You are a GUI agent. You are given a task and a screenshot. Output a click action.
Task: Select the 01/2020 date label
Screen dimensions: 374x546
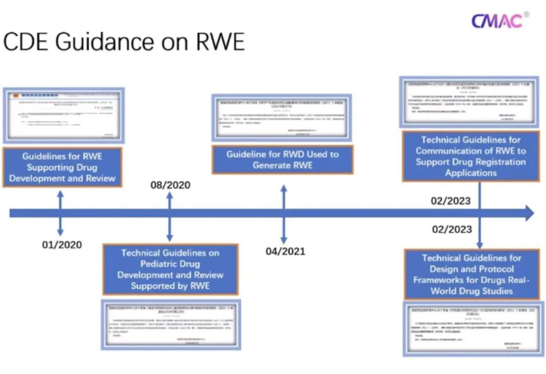coord(62,245)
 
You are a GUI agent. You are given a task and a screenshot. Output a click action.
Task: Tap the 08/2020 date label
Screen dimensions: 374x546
coord(170,185)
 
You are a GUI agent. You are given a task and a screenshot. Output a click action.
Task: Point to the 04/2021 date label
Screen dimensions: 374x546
coord(285,251)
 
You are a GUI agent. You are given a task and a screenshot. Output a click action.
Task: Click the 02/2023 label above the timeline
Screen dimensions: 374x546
coord(450,201)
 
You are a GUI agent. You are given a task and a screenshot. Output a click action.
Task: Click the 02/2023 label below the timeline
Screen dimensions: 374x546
coord(451,229)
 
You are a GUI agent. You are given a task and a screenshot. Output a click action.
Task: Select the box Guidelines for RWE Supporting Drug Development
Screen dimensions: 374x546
coord(62,167)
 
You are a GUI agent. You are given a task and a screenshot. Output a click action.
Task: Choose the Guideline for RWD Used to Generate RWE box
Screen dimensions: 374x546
coord(282,160)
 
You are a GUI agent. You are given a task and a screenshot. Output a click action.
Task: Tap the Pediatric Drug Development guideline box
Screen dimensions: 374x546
coord(170,269)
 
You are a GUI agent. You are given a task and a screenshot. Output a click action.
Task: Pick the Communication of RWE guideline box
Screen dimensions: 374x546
coord(471,156)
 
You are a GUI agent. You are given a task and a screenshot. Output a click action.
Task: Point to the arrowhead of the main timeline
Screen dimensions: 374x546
coord(529,213)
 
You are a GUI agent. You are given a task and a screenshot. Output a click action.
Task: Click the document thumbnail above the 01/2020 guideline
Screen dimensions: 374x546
coord(63,116)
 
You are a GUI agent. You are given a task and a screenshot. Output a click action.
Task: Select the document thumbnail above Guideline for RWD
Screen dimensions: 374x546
coord(282,118)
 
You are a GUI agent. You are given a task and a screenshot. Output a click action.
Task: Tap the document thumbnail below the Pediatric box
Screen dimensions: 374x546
coord(171,324)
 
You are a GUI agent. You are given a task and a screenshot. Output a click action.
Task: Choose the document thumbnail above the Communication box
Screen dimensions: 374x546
coord(469,102)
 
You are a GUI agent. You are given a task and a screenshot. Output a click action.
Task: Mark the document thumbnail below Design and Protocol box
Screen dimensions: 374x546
coord(474,329)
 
